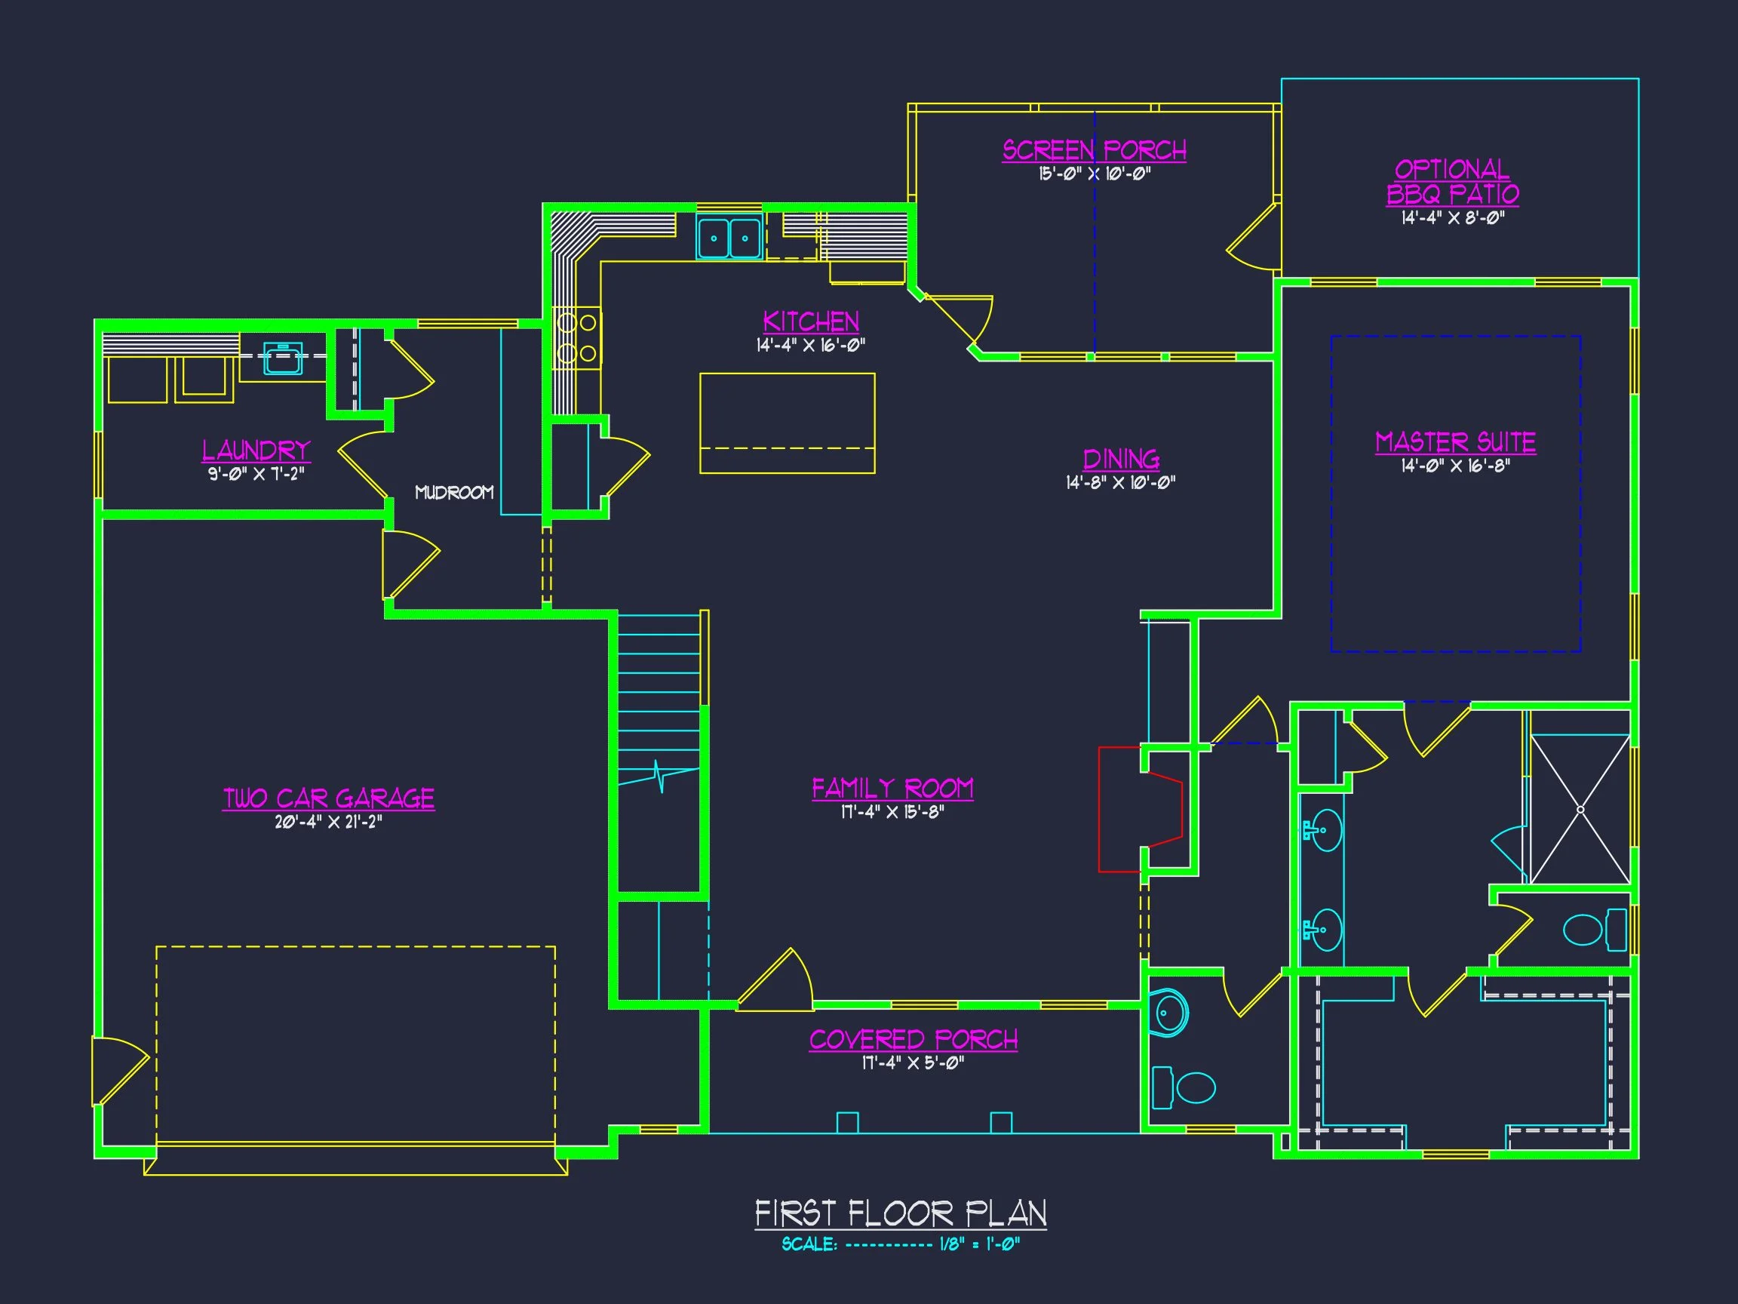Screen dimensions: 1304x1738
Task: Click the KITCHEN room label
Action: point(811,321)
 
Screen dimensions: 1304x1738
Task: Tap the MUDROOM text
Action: point(454,493)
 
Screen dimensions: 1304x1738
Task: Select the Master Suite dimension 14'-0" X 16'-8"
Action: point(1455,466)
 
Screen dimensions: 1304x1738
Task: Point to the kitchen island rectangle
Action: point(788,423)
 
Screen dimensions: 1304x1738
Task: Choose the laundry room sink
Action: point(282,358)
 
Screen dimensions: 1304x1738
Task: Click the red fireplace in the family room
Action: point(1139,810)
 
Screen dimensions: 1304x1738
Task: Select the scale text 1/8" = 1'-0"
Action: point(979,1244)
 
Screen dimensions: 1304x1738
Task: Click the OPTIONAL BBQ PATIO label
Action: point(1452,182)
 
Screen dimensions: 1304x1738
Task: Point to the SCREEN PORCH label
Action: point(1094,150)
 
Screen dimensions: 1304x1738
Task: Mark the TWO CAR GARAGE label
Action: point(328,798)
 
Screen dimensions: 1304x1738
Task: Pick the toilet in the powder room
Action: point(1194,1088)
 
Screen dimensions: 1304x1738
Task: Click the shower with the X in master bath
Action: point(1580,810)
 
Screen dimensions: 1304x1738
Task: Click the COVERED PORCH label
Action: point(913,1040)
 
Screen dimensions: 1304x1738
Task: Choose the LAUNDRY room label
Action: point(256,451)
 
